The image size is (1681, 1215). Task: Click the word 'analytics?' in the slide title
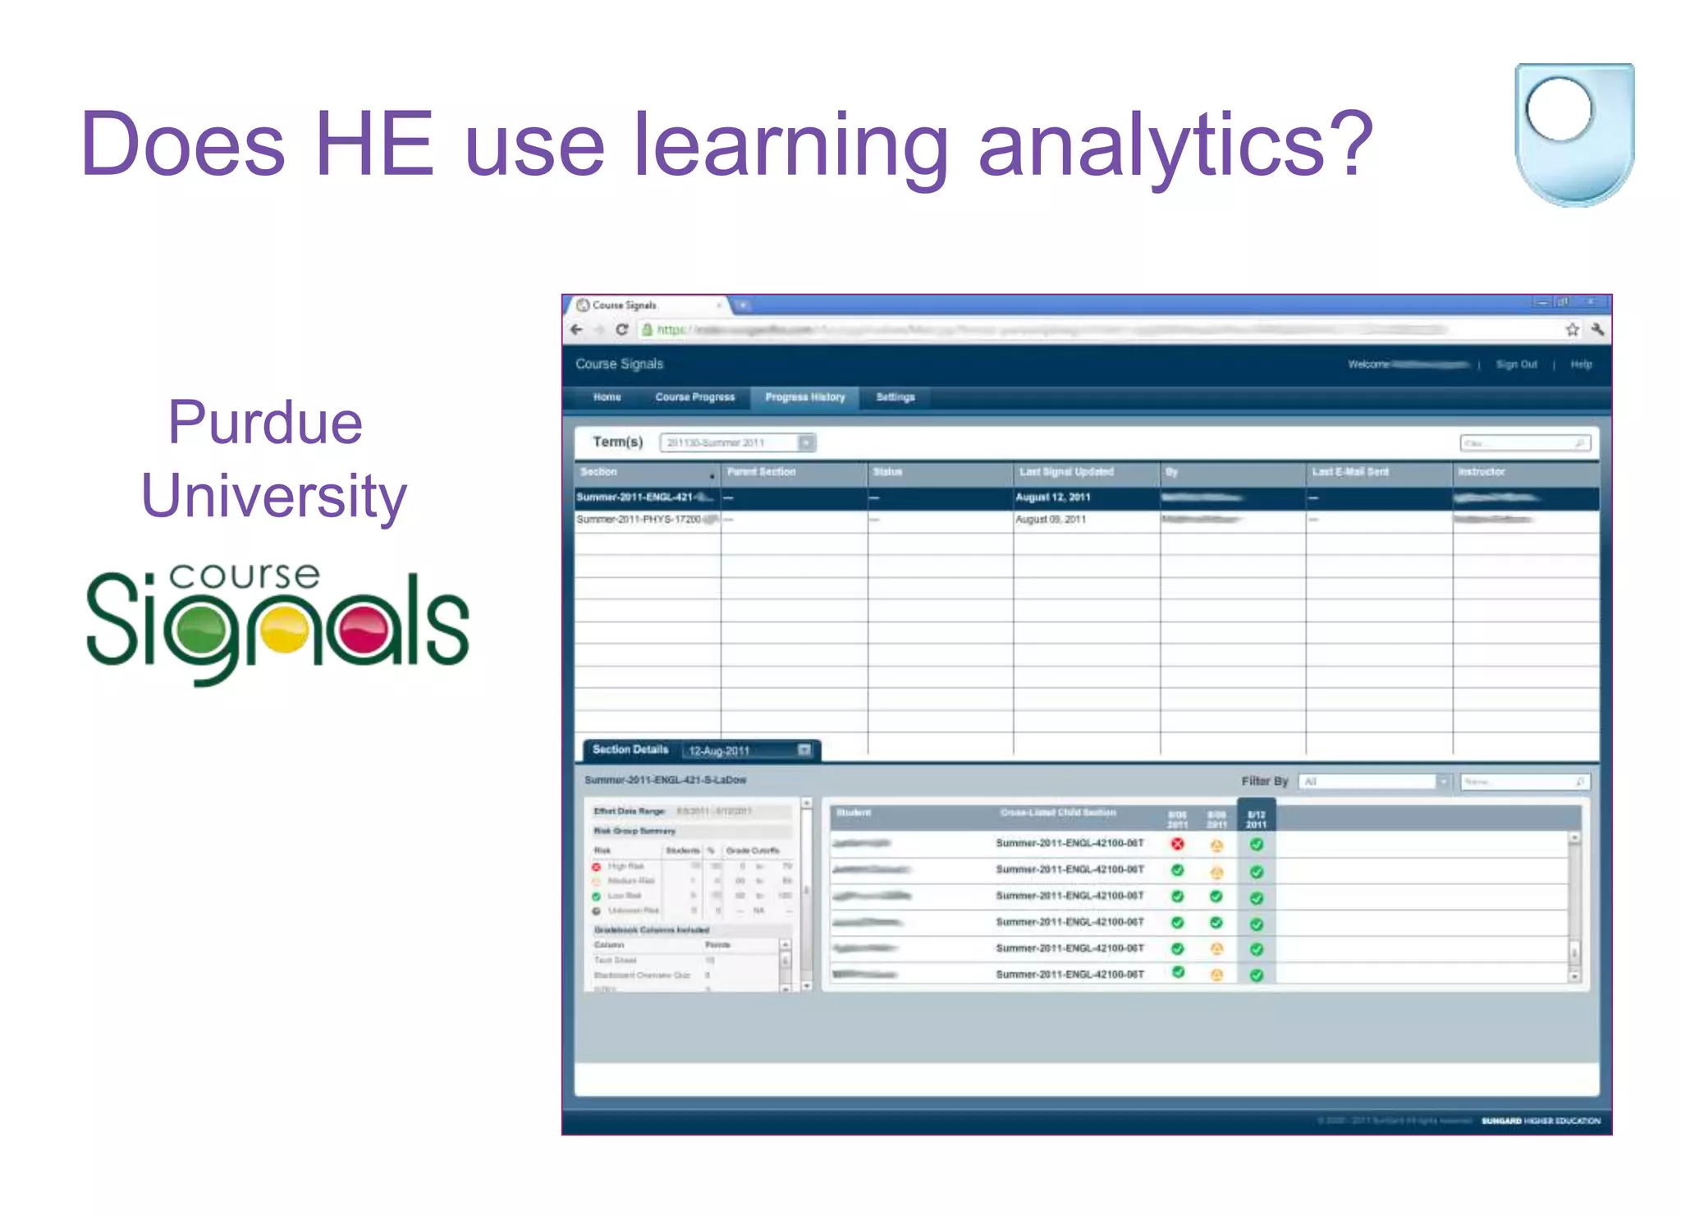[x=1175, y=144]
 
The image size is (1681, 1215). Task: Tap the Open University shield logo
[x=1573, y=134]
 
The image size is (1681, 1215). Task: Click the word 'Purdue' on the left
[x=265, y=423]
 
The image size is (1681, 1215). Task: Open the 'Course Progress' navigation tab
[x=694, y=397]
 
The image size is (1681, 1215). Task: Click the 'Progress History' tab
[x=804, y=397]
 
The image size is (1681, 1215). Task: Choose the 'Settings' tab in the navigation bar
[x=895, y=397]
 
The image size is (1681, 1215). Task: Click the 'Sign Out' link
[x=1516, y=364]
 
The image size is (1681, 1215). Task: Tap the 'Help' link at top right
[x=1581, y=364]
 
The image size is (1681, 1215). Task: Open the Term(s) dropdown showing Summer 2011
[x=737, y=442]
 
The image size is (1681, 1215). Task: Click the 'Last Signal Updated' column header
[x=1066, y=472]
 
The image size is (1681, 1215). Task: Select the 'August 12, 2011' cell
[x=1053, y=497]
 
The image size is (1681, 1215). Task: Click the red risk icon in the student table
[x=1178, y=844]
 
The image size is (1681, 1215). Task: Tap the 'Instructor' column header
[x=1482, y=472]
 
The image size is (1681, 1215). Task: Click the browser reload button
[x=621, y=330]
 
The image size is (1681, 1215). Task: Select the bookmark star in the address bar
[x=1572, y=330]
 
